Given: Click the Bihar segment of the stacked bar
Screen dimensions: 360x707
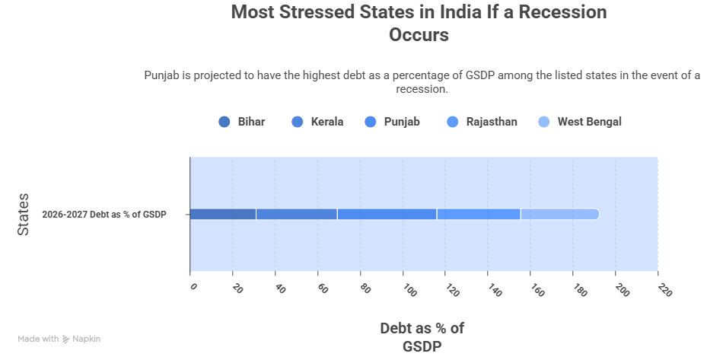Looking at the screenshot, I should click(x=222, y=214).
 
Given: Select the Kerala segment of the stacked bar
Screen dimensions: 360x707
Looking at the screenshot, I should click(x=296, y=214).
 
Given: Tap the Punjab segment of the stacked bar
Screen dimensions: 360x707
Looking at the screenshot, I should click(x=387, y=214).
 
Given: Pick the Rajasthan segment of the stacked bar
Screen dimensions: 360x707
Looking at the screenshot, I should click(x=479, y=214).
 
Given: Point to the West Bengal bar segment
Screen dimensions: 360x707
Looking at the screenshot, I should click(x=559, y=214).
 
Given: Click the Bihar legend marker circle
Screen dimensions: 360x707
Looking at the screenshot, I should click(x=224, y=122).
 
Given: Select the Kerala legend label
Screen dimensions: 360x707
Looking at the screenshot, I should click(x=327, y=122).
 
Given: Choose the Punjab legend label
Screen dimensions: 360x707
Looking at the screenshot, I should click(x=402, y=122).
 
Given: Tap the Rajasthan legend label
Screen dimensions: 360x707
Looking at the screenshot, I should click(x=492, y=122).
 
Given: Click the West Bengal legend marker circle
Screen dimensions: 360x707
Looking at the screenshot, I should click(x=544, y=122).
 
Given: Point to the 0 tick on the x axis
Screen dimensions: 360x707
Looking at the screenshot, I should click(x=193, y=287).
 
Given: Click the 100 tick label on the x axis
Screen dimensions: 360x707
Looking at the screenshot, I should click(x=408, y=290).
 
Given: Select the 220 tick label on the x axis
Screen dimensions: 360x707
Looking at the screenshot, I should click(x=664, y=290).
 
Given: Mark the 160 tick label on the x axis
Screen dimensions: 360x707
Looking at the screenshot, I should click(x=537, y=290).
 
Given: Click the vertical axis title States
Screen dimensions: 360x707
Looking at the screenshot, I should click(x=24, y=214).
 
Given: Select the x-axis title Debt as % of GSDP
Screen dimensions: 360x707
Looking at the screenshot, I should click(x=422, y=336).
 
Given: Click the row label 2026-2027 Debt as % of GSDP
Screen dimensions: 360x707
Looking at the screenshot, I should click(x=104, y=215).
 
